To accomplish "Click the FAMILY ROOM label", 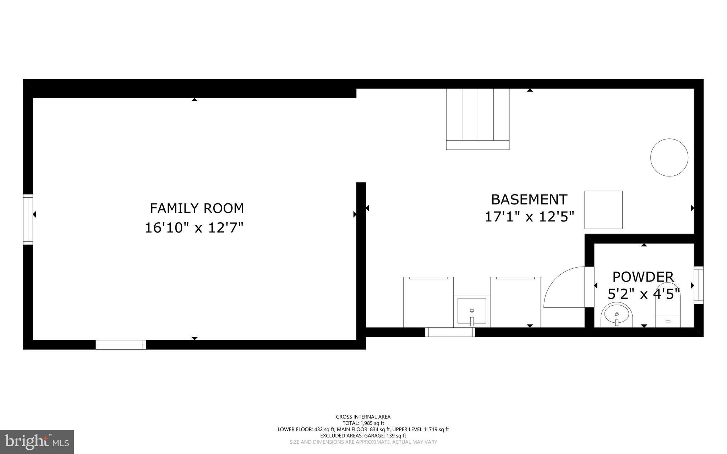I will pos(197,208).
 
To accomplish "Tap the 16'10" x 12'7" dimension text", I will pos(194,228).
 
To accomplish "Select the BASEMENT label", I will pos(529,200).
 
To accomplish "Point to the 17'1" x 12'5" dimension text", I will pos(529,217).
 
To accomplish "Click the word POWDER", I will pos(643,277).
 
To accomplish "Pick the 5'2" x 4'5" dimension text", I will pos(643,294).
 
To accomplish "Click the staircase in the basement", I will pos(477,119).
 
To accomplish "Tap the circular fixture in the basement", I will pos(669,157).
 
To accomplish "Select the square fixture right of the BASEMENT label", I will pos(603,210).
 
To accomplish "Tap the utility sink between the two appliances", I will pos(471,311).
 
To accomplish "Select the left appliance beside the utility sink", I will pos(428,302).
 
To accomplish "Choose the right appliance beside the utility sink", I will pos(515,302).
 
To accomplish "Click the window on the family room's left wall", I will pos(28,219).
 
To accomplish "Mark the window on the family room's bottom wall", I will pos(121,345).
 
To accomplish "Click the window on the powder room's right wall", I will pos(699,285).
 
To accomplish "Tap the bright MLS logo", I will pos(37,442).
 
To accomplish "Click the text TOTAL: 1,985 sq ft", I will pos(363,423).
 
